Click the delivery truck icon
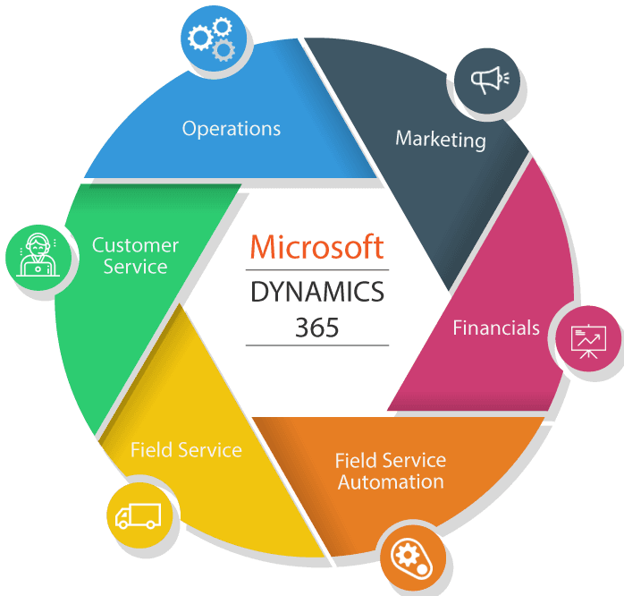pyautogui.click(x=138, y=515)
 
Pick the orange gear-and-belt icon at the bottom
pyautogui.click(x=412, y=559)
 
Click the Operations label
pyautogui.click(x=232, y=129)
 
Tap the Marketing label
pyautogui.click(x=441, y=140)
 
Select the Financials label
pyautogui.click(x=496, y=328)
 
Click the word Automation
pyautogui.click(x=391, y=482)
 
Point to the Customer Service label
pyautogui.click(x=135, y=256)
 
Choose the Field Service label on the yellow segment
pyautogui.click(x=186, y=449)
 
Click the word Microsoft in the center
pyautogui.click(x=316, y=247)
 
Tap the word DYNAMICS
pyautogui.click(x=317, y=292)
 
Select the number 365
pyautogui.click(x=317, y=328)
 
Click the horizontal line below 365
pyautogui.click(x=317, y=345)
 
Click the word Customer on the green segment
pyautogui.click(x=135, y=245)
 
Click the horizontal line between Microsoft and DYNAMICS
pyautogui.click(x=317, y=269)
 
